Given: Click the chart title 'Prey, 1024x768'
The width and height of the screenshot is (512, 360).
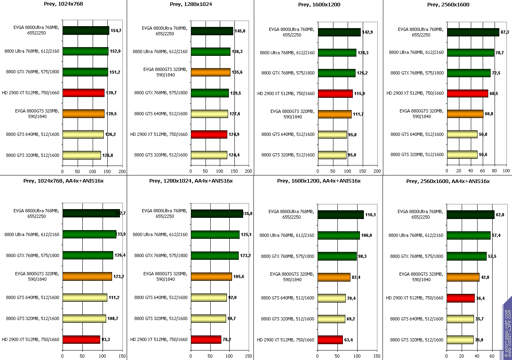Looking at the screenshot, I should (x=63, y=4).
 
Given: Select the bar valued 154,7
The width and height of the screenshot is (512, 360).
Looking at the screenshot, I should (x=86, y=30).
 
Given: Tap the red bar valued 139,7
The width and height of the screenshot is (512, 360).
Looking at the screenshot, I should (x=83, y=93).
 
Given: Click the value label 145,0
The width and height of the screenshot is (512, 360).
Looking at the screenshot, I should (x=240, y=30).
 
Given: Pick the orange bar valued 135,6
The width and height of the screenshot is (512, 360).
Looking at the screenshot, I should (x=210, y=72).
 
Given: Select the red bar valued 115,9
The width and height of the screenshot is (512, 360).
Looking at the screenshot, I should (x=335, y=93).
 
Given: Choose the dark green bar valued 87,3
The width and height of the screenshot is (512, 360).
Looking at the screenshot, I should (x=473, y=32).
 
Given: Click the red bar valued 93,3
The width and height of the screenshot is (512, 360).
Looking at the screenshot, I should (x=81, y=339).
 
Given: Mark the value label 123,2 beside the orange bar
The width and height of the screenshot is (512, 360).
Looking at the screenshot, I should (x=119, y=276).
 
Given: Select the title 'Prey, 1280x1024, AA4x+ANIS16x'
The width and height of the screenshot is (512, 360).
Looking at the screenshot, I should (x=191, y=181).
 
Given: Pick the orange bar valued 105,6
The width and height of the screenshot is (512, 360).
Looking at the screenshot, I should (x=211, y=276).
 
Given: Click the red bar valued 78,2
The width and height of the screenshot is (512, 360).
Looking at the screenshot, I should (x=206, y=339).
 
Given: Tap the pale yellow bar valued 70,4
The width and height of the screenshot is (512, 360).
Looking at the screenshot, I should (x=331, y=298).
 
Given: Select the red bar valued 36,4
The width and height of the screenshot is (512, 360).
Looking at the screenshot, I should (x=461, y=298).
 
